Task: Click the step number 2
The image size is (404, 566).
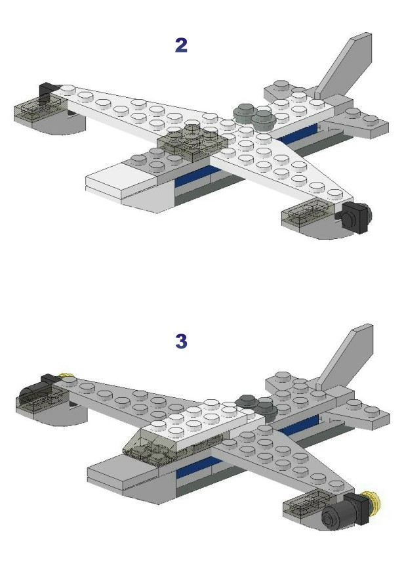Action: (181, 45)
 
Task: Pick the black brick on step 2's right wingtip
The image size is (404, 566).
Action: (354, 217)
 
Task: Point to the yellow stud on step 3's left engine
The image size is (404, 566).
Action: (66, 378)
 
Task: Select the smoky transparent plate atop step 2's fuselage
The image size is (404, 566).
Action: (191, 139)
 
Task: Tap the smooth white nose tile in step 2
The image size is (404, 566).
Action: (111, 177)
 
